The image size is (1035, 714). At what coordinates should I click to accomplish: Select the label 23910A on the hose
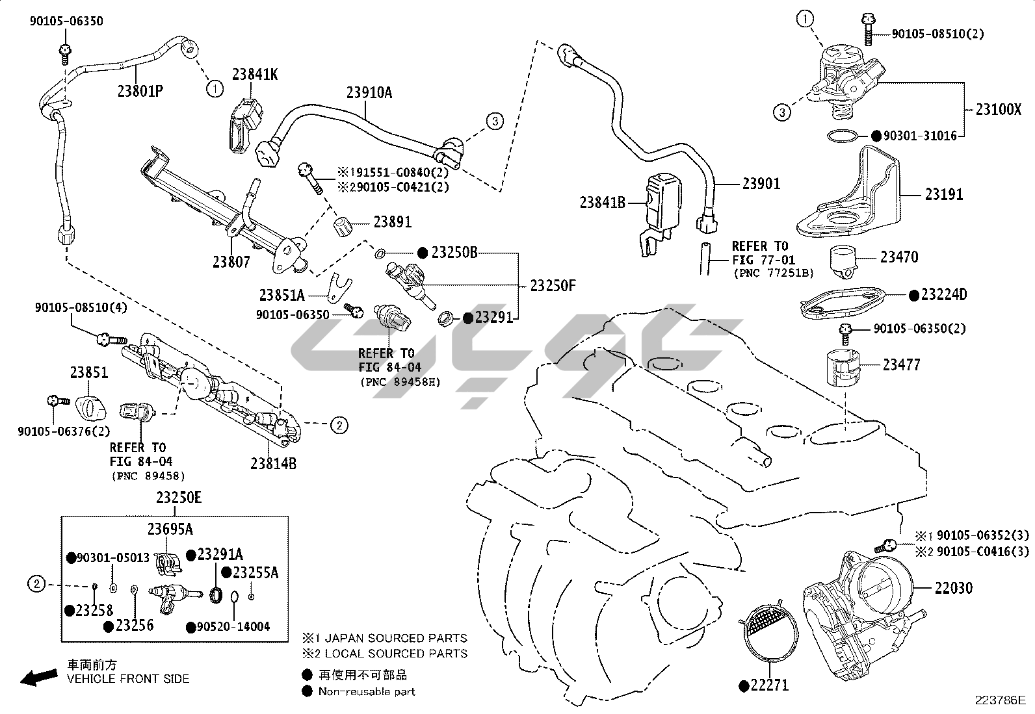click(x=369, y=92)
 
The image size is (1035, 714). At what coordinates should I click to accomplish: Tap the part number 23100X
click(x=998, y=109)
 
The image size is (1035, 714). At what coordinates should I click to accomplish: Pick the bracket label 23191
click(x=944, y=194)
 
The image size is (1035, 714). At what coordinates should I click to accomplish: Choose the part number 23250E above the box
click(x=179, y=498)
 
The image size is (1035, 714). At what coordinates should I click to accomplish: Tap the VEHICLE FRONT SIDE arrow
click(x=38, y=678)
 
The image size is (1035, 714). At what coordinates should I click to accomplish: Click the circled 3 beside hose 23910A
click(x=494, y=120)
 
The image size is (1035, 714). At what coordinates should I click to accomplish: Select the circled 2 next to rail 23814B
click(x=339, y=426)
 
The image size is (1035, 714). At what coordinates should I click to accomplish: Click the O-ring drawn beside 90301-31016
click(x=842, y=136)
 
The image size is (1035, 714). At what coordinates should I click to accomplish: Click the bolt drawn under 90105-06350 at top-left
click(x=64, y=51)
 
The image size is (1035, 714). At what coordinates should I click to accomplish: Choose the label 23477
click(x=901, y=365)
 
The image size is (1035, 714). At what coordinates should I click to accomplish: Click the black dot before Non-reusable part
click(x=307, y=691)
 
